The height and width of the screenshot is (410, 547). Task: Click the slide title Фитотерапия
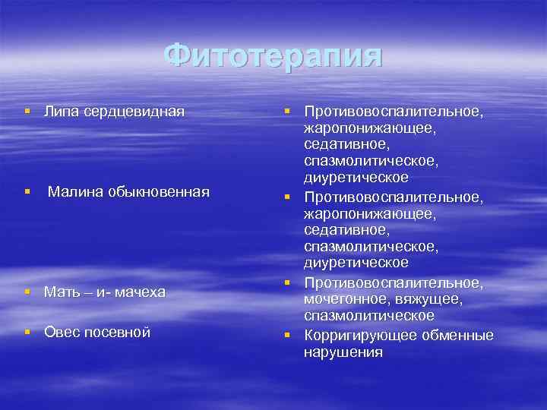click(273, 56)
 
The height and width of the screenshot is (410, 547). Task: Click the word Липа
click(59, 112)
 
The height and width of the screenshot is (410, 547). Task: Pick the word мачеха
click(138, 292)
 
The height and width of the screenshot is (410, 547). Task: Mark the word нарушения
click(343, 352)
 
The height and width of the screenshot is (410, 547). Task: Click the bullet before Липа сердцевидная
click(28, 112)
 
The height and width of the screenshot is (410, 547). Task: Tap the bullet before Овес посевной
click(28, 332)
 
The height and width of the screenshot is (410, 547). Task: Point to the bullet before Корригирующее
click(289, 335)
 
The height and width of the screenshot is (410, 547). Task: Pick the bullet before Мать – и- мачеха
click(28, 292)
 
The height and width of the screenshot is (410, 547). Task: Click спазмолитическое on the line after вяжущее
click(369, 315)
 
